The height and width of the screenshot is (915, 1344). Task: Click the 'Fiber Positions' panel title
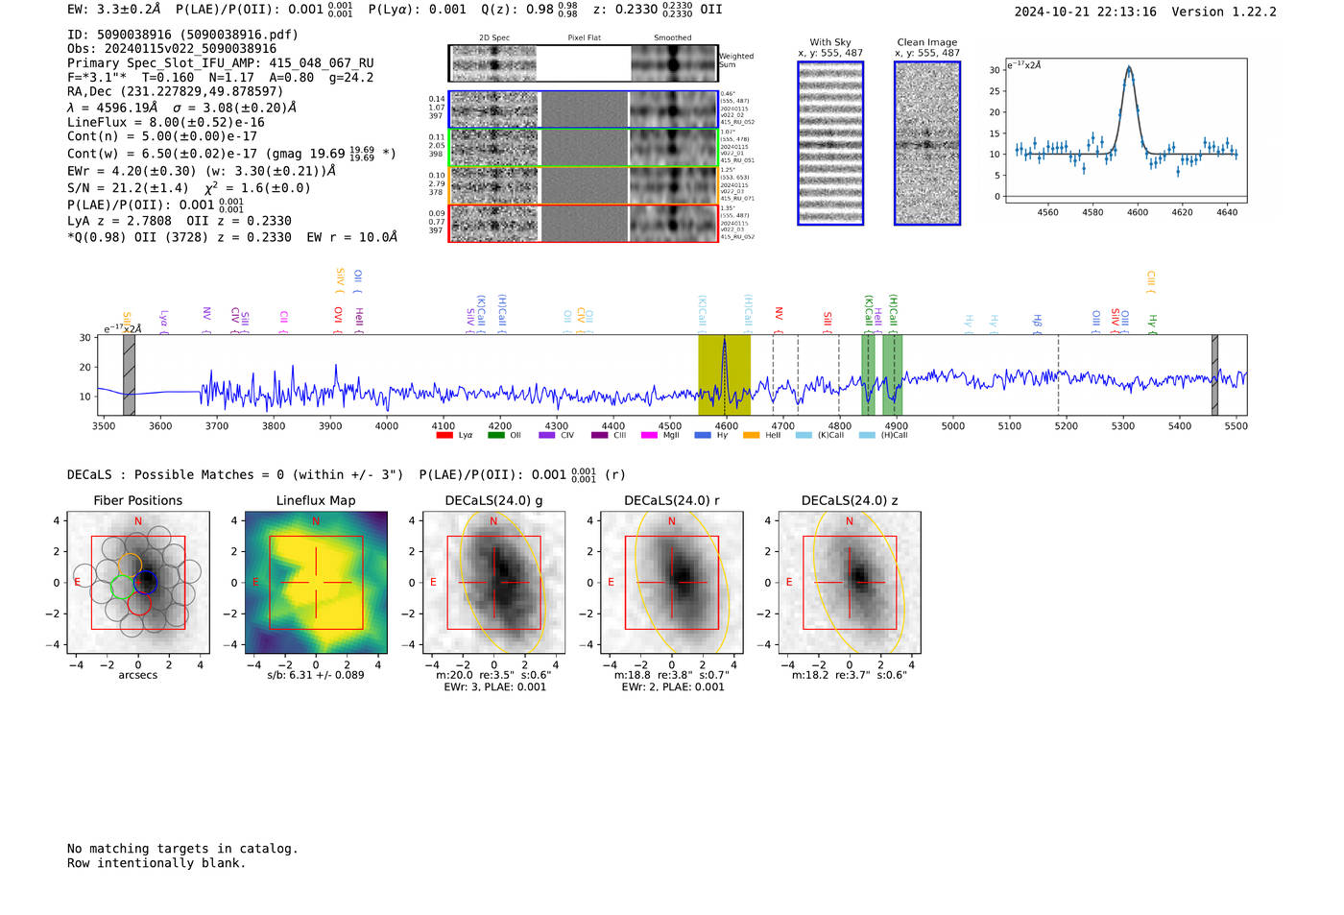click(137, 500)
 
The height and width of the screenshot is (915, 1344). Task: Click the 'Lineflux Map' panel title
click(315, 500)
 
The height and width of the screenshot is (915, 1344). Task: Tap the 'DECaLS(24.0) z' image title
click(849, 500)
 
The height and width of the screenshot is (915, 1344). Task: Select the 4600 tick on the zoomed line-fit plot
click(1137, 212)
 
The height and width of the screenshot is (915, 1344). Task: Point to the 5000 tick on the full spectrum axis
click(952, 425)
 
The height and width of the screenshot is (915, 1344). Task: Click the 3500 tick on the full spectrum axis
click(104, 425)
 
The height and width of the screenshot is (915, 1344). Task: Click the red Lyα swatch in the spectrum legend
click(444, 435)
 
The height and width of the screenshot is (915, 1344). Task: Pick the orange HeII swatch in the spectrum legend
click(751, 435)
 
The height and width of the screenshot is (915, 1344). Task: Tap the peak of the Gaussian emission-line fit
click(1129, 68)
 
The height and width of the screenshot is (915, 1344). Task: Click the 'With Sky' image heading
click(829, 42)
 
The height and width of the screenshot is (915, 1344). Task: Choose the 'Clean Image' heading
click(926, 42)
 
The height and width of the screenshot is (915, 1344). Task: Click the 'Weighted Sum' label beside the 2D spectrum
click(735, 60)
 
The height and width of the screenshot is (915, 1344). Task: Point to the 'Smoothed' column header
click(672, 38)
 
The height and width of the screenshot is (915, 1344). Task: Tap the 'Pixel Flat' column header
click(584, 38)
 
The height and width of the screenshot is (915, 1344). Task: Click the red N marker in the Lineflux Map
click(316, 521)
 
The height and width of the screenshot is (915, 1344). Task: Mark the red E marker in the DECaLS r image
click(611, 583)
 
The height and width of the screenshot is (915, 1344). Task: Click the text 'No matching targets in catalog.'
click(182, 848)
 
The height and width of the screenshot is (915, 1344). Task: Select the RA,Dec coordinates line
click(175, 91)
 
